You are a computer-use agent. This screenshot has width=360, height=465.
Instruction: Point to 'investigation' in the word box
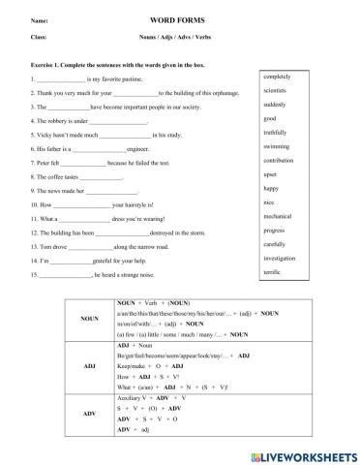[x=282, y=259]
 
